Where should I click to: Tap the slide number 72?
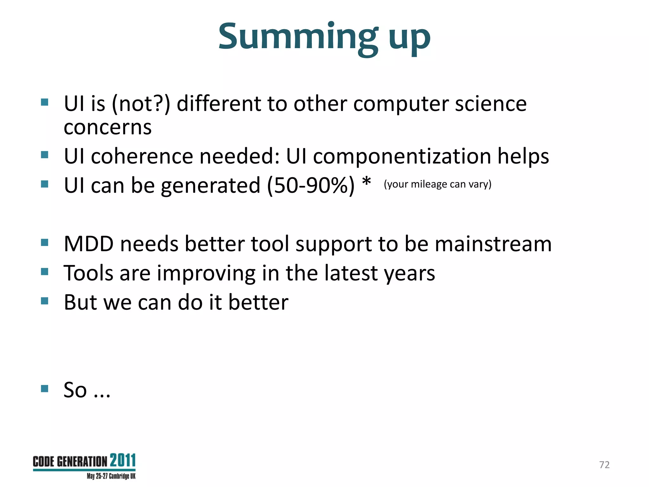(604, 464)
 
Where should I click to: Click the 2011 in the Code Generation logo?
(123, 460)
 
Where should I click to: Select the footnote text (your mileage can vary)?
(437, 184)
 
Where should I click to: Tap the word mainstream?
(493, 244)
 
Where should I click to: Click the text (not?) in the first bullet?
(141, 104)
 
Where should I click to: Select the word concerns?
(107, 127)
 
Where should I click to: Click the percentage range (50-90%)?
(311, 185)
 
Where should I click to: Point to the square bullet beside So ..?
(45, 388)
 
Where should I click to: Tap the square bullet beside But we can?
(45, 301)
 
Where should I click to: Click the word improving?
(206, 273)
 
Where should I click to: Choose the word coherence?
(142, 156)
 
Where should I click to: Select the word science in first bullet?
(491, 104)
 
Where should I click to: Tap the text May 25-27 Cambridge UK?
(111, 476)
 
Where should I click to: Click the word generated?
(210, 186)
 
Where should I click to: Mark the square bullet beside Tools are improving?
(45, 272)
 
